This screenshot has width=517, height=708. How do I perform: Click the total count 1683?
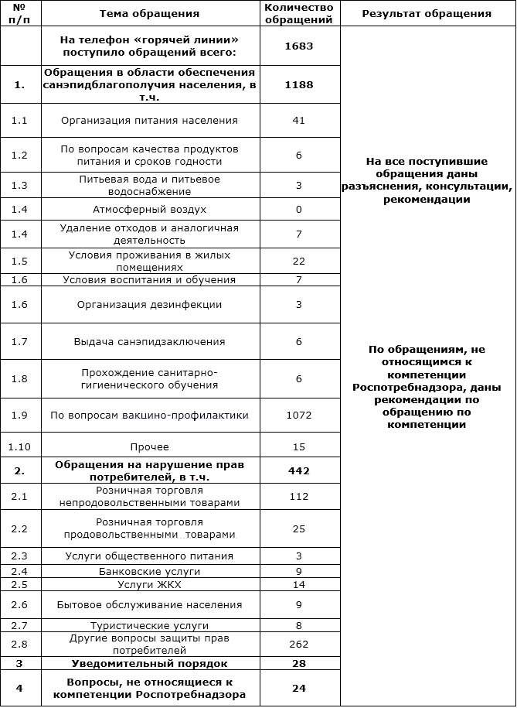point(298,46)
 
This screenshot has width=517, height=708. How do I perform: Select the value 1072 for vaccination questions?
point(298,416)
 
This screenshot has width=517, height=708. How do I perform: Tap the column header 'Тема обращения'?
point(149,13)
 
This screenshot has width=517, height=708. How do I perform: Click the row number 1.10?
point(19,446)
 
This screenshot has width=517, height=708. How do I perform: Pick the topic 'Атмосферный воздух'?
point(149,210)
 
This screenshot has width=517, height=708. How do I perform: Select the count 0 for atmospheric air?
point(298,210)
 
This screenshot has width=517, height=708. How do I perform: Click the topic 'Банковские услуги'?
point(149,572)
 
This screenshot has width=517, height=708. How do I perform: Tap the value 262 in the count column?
point(298,644)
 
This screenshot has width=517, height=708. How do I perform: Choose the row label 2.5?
point(19,584)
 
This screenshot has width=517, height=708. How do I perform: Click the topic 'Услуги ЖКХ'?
point(149,584)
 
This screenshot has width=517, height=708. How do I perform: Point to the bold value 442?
point(298,470)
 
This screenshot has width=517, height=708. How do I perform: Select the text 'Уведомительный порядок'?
point(149,663)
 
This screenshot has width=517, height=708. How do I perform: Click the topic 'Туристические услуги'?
point(149,625)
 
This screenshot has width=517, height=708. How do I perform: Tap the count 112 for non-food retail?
point(298,497)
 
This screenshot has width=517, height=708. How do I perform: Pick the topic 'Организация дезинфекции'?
point(149,305)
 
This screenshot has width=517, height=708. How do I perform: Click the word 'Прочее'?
point(149,446)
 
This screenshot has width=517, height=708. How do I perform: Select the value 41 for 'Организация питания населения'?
point(298,121)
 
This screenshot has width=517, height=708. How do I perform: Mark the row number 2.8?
point(19,644)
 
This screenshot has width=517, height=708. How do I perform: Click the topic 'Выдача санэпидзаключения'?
point(149,342)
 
